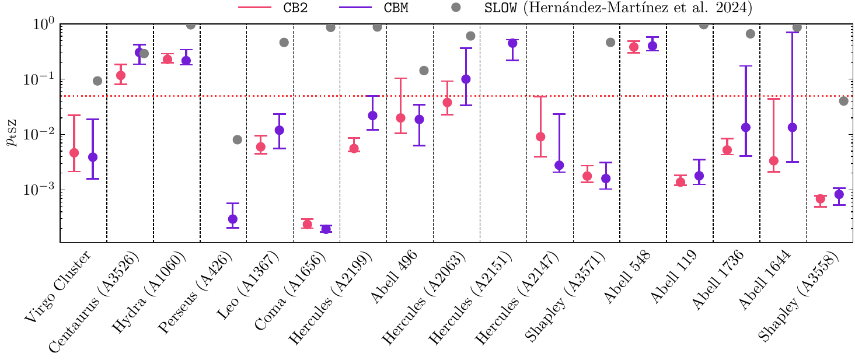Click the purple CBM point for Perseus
tap(233, 219)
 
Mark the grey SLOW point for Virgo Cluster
tap(97, 81)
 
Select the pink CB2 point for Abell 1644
tap(774, 160)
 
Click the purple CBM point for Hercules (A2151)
tap(512, 43)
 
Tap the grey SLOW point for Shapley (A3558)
tap(843, 101)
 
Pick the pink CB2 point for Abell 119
tap(680, 182)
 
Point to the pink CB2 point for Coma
tap(307, 224)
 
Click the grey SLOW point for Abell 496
tap(424, 71)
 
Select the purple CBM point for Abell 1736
tap(746, 127)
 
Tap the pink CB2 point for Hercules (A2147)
tap(540, 137)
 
